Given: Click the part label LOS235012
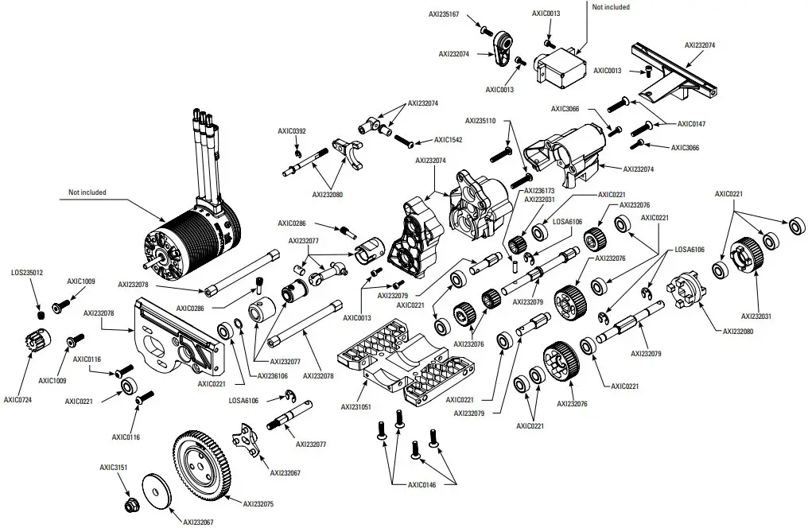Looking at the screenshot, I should point(27,273).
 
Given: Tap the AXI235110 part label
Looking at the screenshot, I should point(480,121).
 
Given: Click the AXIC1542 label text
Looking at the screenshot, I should point(448,140).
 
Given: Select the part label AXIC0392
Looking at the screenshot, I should point(292,131).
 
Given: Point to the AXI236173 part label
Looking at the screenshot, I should point(540,192).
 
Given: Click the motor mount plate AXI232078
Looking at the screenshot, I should point(177,336).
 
